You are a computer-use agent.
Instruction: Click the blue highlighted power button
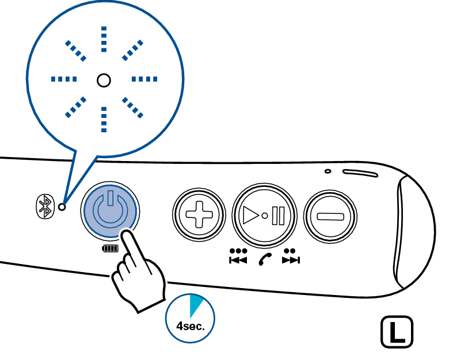110,210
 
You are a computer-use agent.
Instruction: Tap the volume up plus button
199,215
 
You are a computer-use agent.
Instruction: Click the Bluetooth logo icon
45,206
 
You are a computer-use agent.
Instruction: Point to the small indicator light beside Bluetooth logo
62,207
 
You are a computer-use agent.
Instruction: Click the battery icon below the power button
111,248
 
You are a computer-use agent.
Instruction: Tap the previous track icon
238,260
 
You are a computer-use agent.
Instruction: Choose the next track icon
291,260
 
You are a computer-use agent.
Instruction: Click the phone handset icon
265,259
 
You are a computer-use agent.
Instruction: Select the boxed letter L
397,332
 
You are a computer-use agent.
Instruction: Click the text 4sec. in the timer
191,326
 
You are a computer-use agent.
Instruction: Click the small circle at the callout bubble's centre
104,81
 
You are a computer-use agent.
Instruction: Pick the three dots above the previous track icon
238,251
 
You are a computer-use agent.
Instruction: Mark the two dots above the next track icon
290,251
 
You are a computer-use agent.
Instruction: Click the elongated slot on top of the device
360,173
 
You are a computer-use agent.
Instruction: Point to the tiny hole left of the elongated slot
328,171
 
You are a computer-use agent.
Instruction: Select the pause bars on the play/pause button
278,216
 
